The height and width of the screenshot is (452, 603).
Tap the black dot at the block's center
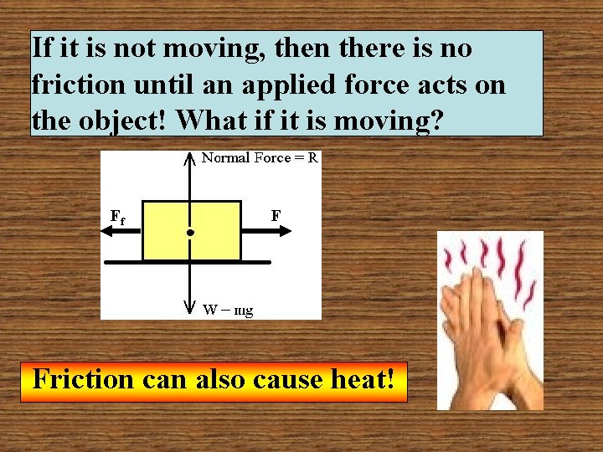click(191, 232)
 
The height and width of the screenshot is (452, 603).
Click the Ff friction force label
click(118, 217)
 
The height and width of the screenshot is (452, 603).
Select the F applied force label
click(276, 216)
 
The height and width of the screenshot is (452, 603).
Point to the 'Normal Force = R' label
click(260, 157)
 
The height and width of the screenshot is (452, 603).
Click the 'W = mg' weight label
click(228, 310)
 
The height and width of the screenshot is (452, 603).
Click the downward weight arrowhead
click(191, 311)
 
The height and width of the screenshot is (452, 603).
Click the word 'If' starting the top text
click(42, 49)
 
